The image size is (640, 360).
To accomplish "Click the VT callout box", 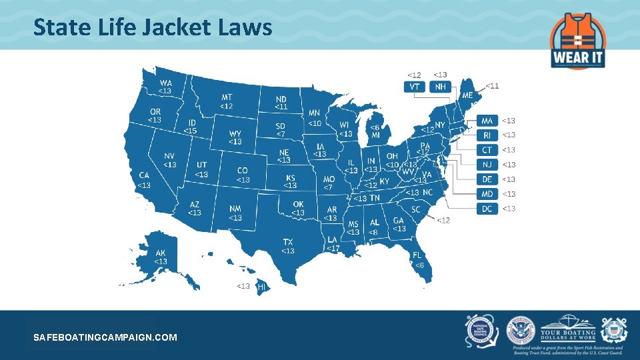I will (415, 87).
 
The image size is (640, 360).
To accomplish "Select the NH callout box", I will (440, 87).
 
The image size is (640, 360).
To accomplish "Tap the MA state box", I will (487, 121).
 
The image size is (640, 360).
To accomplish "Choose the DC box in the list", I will (487, 209).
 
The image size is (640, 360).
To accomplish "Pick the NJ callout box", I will (487, 165).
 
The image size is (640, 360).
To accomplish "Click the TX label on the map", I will (288, 242).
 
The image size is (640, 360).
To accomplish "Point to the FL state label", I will (417, 255).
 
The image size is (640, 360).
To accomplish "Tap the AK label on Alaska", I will (161, 253).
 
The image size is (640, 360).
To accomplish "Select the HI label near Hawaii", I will (262, 287).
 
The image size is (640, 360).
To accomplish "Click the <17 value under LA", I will (332, 248).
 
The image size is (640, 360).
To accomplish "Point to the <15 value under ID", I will (191, 131).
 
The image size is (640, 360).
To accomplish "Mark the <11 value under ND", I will (281, 107).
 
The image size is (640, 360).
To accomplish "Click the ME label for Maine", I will (467, 95).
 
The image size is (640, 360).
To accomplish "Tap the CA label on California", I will (144, 176).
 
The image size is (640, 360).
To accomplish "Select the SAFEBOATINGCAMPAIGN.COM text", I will (105, 337).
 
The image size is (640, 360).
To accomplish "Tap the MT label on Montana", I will (227, 98).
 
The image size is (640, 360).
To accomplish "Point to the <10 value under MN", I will (314, 123).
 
